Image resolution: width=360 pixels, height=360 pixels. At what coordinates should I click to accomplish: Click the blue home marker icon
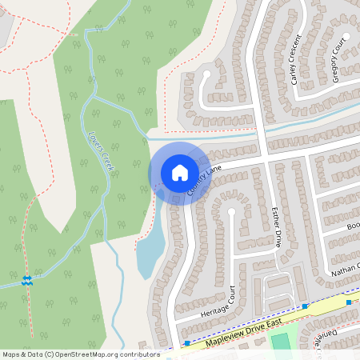point(179,172)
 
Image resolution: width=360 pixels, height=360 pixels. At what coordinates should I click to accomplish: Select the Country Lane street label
point(204,182)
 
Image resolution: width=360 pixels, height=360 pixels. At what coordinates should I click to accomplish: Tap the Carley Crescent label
point(295,59)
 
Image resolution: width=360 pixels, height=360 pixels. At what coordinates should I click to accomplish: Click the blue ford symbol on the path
point(26,279)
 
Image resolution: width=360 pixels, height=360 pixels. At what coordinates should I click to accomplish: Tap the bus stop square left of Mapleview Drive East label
point(186,343)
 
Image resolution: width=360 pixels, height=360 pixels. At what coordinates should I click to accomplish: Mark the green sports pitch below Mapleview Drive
point(280,342)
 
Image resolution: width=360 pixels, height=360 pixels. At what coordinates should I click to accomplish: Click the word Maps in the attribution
point(11,354)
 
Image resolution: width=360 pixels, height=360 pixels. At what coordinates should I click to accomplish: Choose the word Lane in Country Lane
point(213,174)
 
